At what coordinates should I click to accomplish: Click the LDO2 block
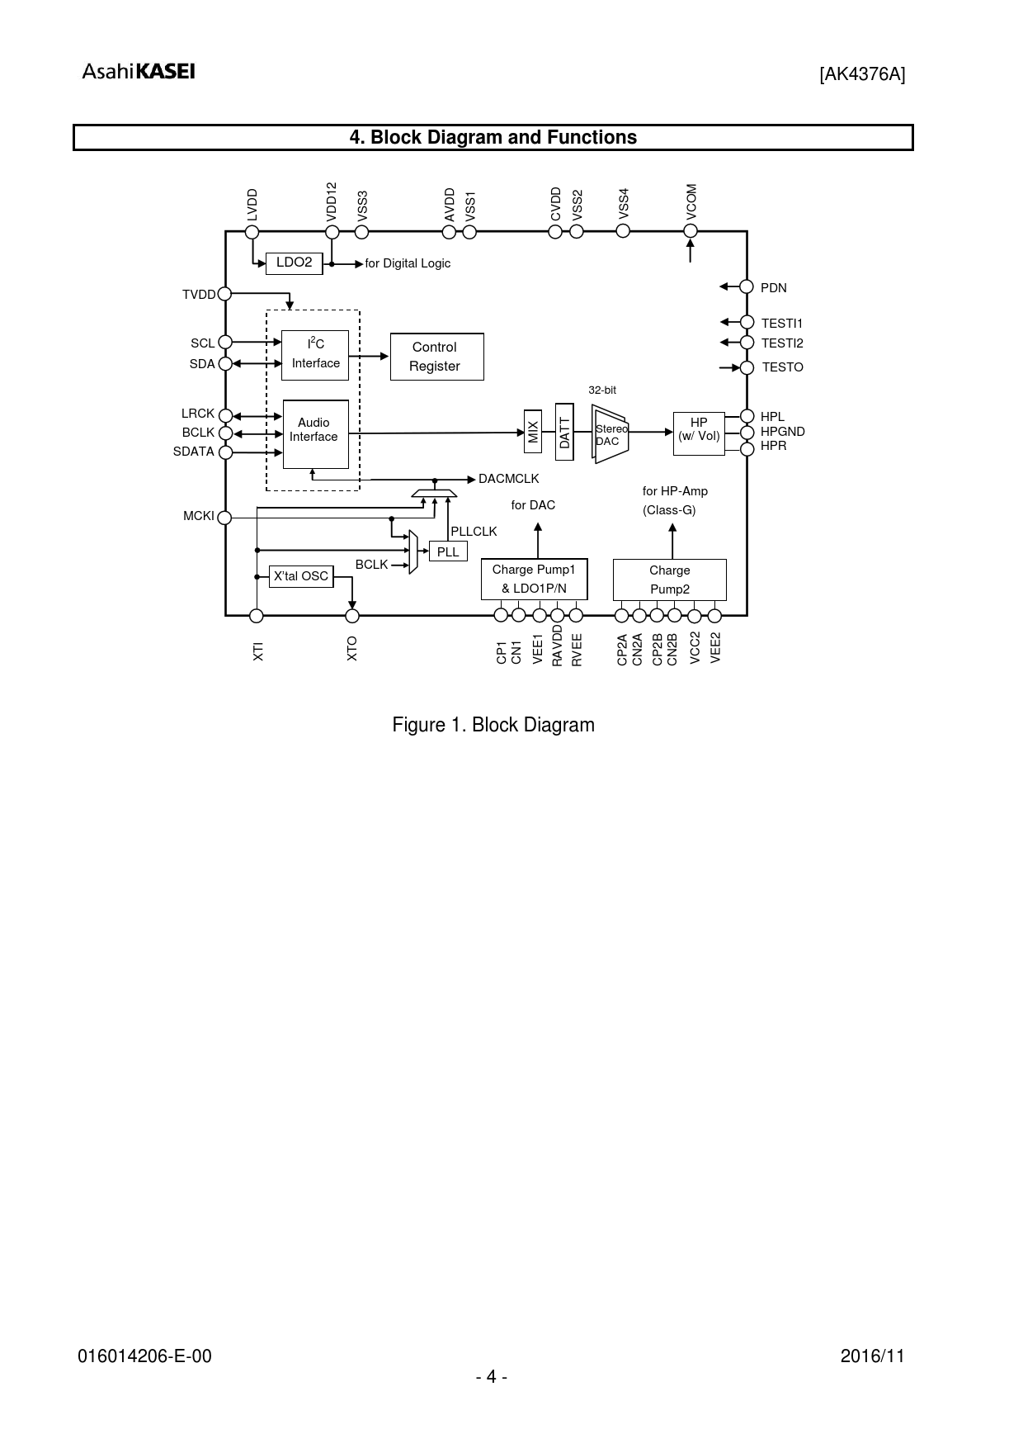[x=294, y=263]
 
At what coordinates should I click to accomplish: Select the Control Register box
[x=436, y=357]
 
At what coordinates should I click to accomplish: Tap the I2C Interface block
[x=315, y=355]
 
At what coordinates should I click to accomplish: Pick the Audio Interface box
[x=315, y=433]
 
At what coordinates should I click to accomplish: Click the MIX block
[x=532, y=431]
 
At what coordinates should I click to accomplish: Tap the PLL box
[x=448, y=551]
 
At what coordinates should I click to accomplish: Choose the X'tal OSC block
[x=302, y=576]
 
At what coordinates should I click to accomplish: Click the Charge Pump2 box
[x=669, y=580]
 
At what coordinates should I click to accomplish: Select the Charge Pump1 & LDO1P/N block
[x=534, y=579]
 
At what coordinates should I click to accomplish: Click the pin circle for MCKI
[x=224, y=517]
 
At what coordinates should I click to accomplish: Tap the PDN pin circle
[x=747, y=286]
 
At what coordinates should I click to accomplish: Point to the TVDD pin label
[x=198, y=295]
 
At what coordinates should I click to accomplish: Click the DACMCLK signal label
[x=508, y=479]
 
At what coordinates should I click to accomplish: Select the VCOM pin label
[x=691, y=202]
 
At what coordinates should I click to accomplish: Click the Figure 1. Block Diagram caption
[x=493, y=725]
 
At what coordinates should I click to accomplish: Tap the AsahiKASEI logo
[x=139, y=72]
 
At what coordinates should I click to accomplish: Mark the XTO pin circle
[x=352, y=616]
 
